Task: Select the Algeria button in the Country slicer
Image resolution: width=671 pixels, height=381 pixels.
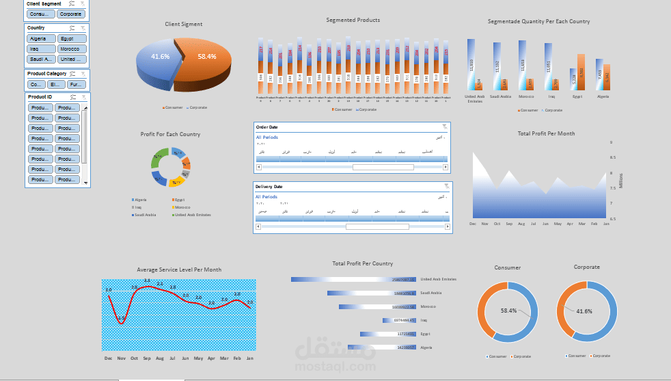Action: pos(40,39)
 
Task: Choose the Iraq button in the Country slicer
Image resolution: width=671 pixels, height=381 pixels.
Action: pos(40,49)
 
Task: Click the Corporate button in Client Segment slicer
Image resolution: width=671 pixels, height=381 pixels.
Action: pos(70,14)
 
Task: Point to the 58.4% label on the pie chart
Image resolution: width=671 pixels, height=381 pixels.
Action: pos(206,57)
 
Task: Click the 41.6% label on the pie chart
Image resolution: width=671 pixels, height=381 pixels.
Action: pos(161,57)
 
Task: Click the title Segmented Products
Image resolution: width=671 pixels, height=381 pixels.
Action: pos(353,21)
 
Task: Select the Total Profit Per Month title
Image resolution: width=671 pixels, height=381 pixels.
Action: pos(546,133)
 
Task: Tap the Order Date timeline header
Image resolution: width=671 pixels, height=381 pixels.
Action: pos(266,127)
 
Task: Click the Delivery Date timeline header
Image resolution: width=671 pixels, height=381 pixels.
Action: pos(269,186)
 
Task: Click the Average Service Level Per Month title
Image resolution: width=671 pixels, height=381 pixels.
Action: pos(179,270)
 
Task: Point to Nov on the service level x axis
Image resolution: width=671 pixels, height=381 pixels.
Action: pos(121,358)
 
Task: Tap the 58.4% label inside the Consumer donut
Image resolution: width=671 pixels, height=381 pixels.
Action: pos(509,311)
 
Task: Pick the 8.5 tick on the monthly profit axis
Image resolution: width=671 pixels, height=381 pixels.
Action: pos(612,158)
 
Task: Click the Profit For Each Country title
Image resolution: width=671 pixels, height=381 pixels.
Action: pos(170,134)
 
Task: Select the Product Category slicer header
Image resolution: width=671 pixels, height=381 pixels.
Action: pos(46,74)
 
